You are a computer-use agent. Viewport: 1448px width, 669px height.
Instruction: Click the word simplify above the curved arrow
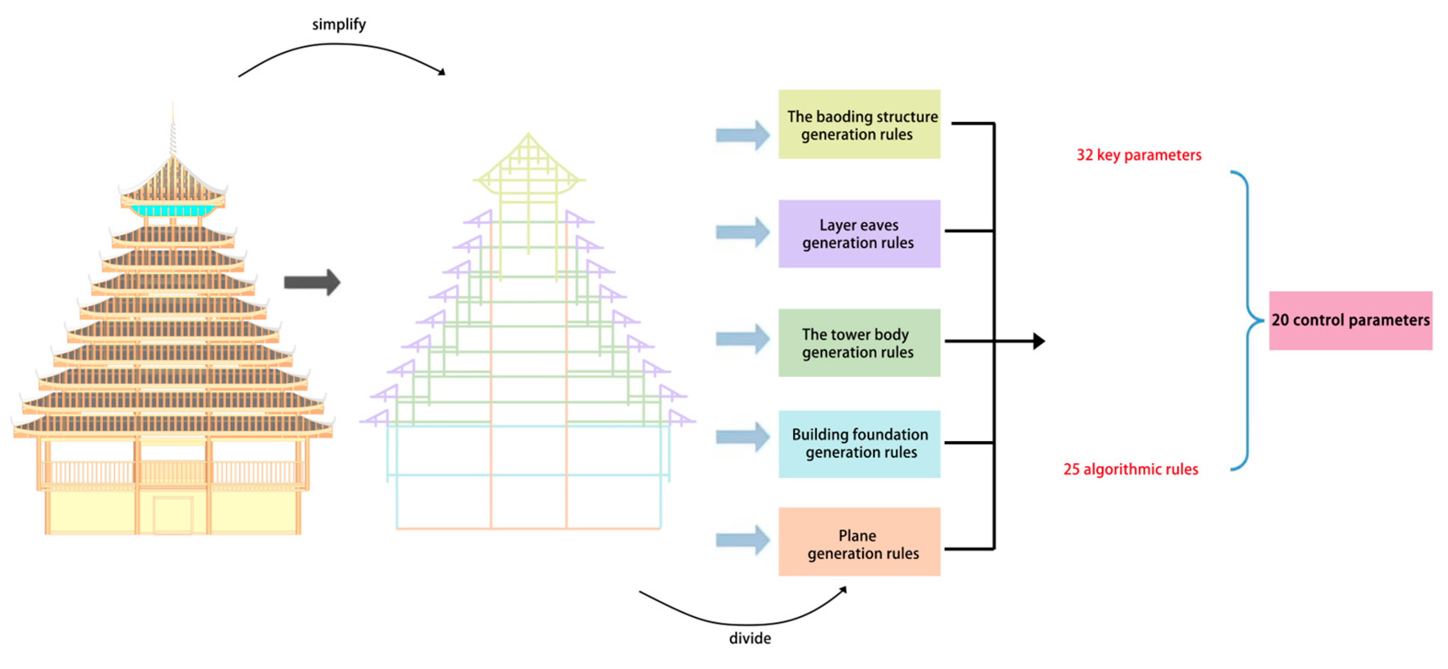click(x=339, y=24)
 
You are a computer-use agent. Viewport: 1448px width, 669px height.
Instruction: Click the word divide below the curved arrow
click(x=749, y=638)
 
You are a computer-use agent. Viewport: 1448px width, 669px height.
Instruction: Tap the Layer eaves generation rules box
click(x=859, y=234)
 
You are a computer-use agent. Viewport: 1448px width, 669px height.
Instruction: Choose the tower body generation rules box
click(x=859, y=343)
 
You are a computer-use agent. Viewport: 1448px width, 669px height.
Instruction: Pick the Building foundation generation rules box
click(x=859, y=444)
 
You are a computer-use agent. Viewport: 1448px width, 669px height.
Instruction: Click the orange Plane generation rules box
click(x=859, y=542)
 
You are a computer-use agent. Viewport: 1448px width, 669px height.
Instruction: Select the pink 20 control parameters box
click(x=1350, y=320)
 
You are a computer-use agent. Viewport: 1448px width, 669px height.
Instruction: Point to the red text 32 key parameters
click(x=1138, y=155)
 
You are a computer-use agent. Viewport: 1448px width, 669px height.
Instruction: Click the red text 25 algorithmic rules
click(x=1130, y=469)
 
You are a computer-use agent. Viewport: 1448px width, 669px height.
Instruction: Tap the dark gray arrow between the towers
click(x=312, y=282)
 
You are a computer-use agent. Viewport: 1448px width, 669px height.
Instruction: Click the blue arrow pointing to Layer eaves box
click(x=742, y=232)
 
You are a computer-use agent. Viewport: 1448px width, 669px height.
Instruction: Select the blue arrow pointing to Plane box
click(x=742, y=540)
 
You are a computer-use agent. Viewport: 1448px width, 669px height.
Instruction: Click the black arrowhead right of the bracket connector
click(x=1039, y=341)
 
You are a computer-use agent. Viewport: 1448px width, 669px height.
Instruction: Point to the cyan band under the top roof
click(x=173, y=211)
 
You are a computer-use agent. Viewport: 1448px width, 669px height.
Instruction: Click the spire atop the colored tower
click(x=173, y=132)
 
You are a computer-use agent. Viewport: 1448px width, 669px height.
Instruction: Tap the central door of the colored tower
click(x=173, y=514)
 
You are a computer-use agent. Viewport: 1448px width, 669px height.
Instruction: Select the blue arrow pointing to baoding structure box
click(x=742, y=135)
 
